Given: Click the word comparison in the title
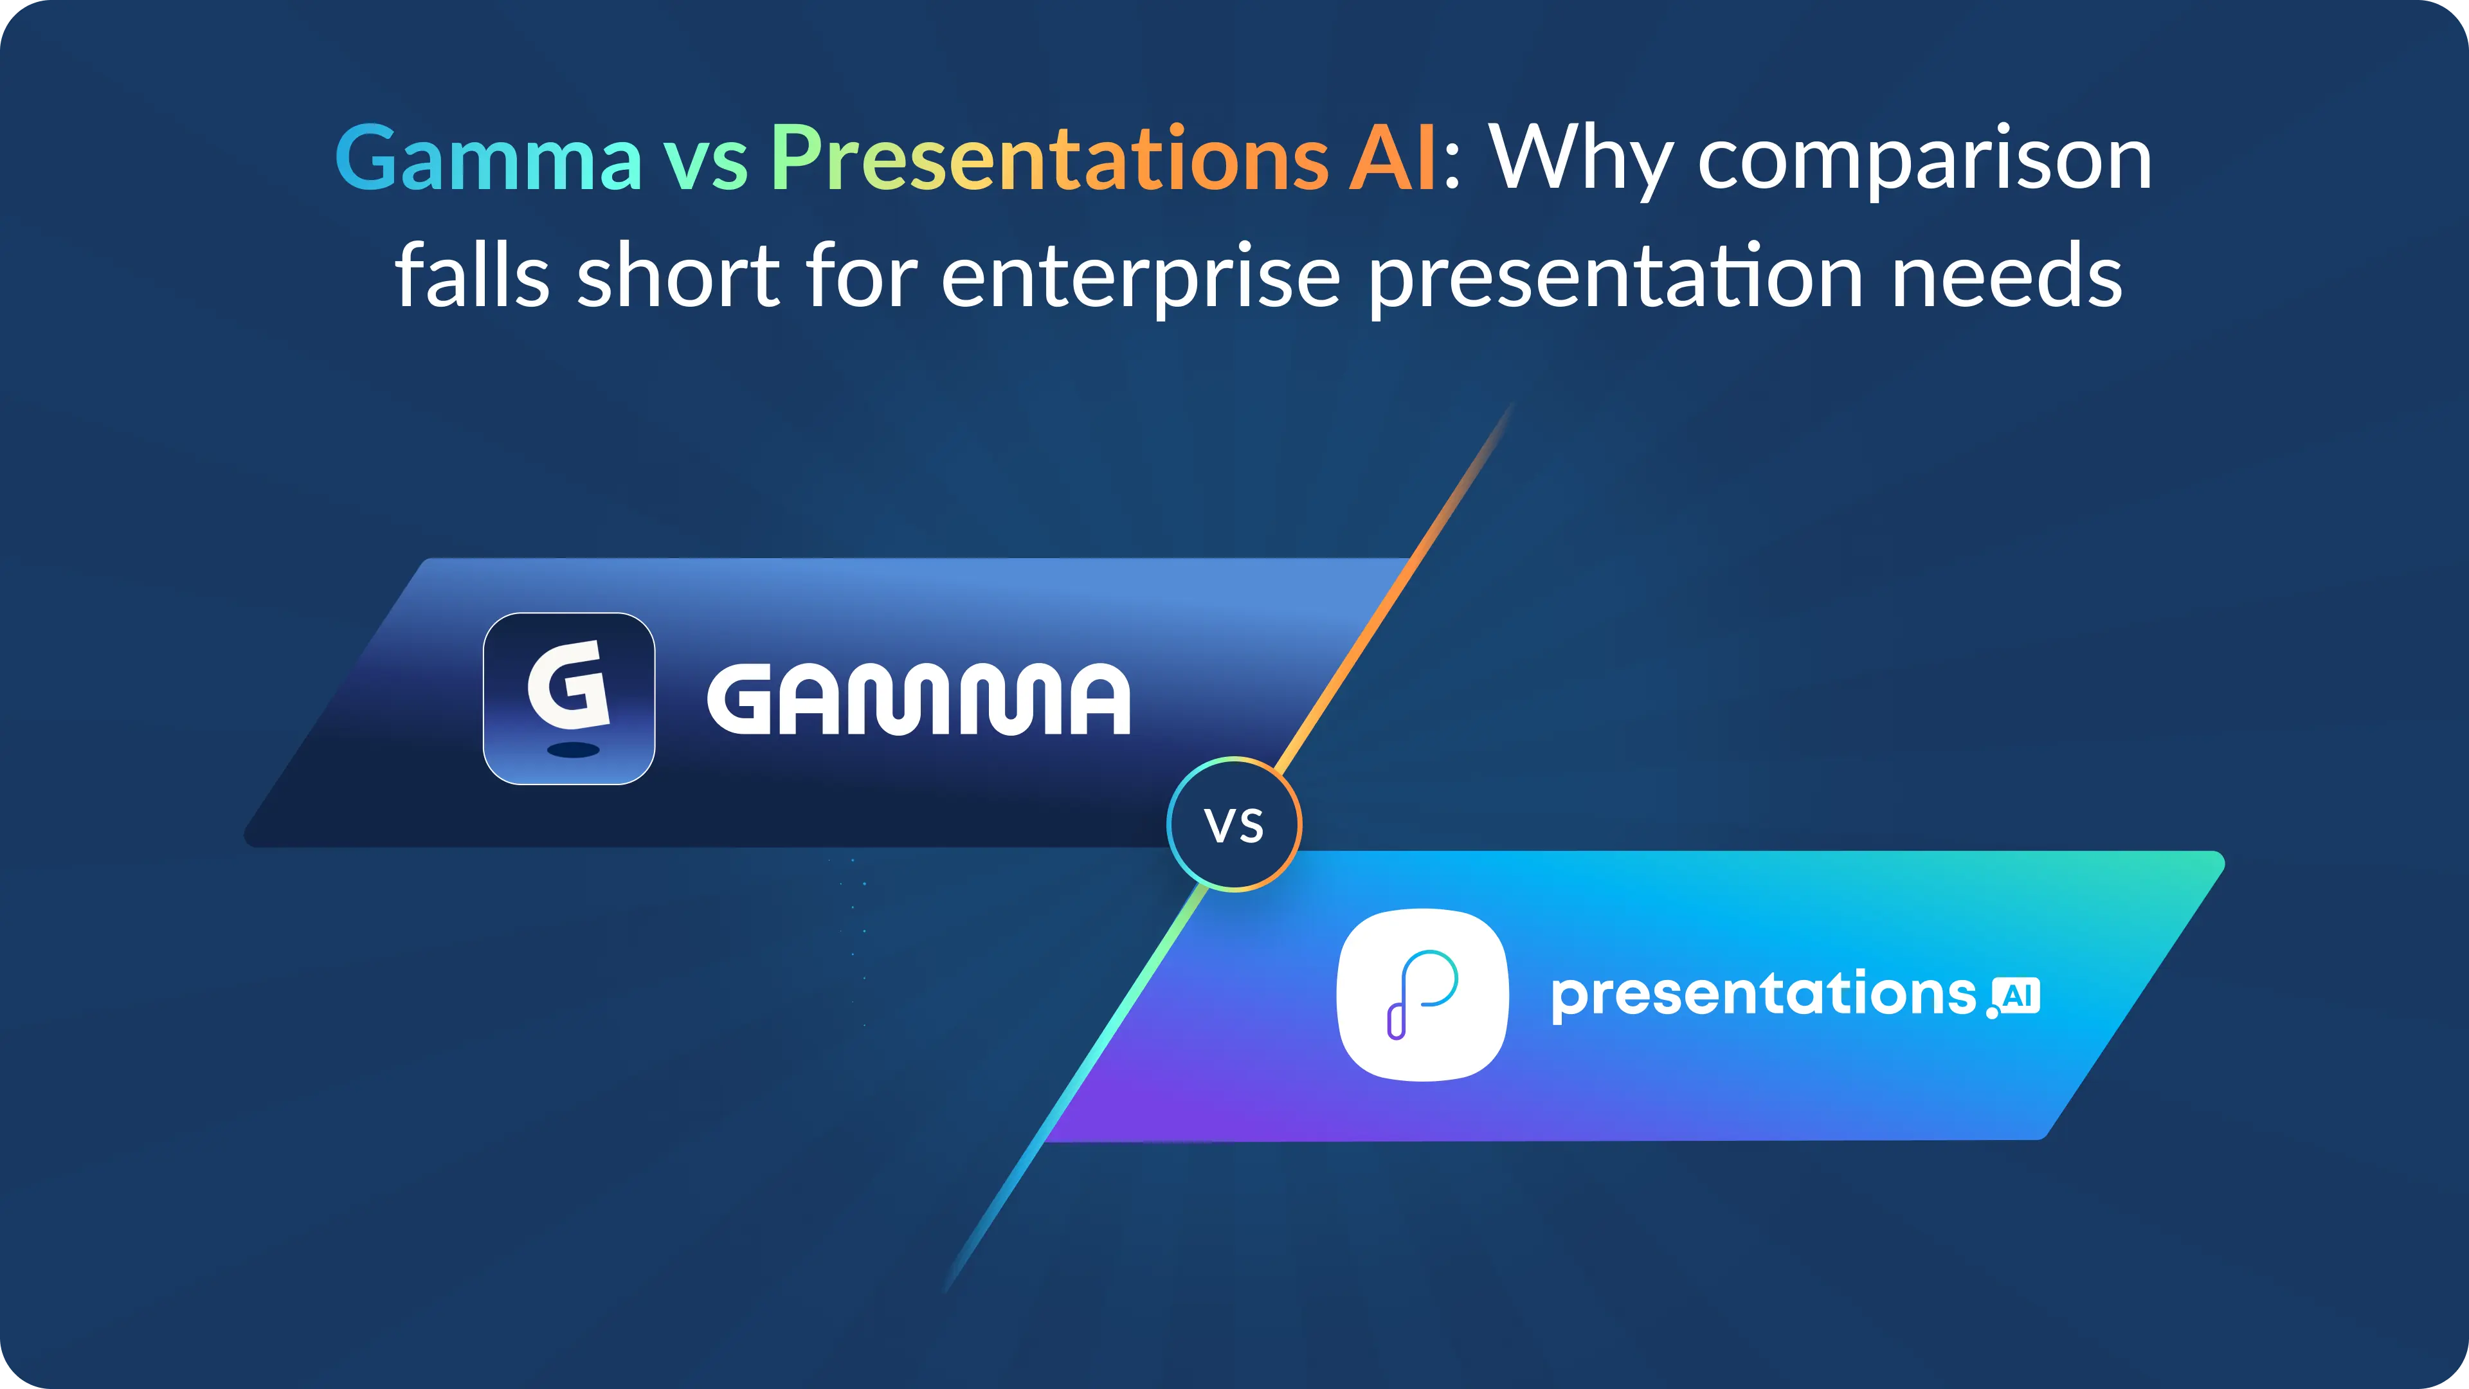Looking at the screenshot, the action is (1924, 162).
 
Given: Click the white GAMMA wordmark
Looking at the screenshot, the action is (918, 699).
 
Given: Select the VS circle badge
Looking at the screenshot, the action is (1234, 824).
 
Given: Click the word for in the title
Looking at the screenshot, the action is (862, 274).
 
